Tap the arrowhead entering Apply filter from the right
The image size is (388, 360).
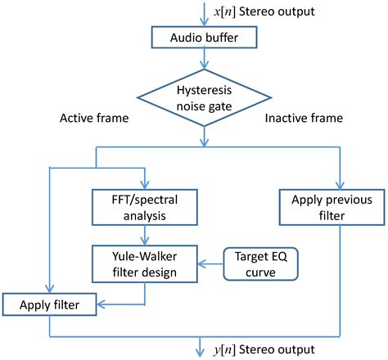click(105, 307)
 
